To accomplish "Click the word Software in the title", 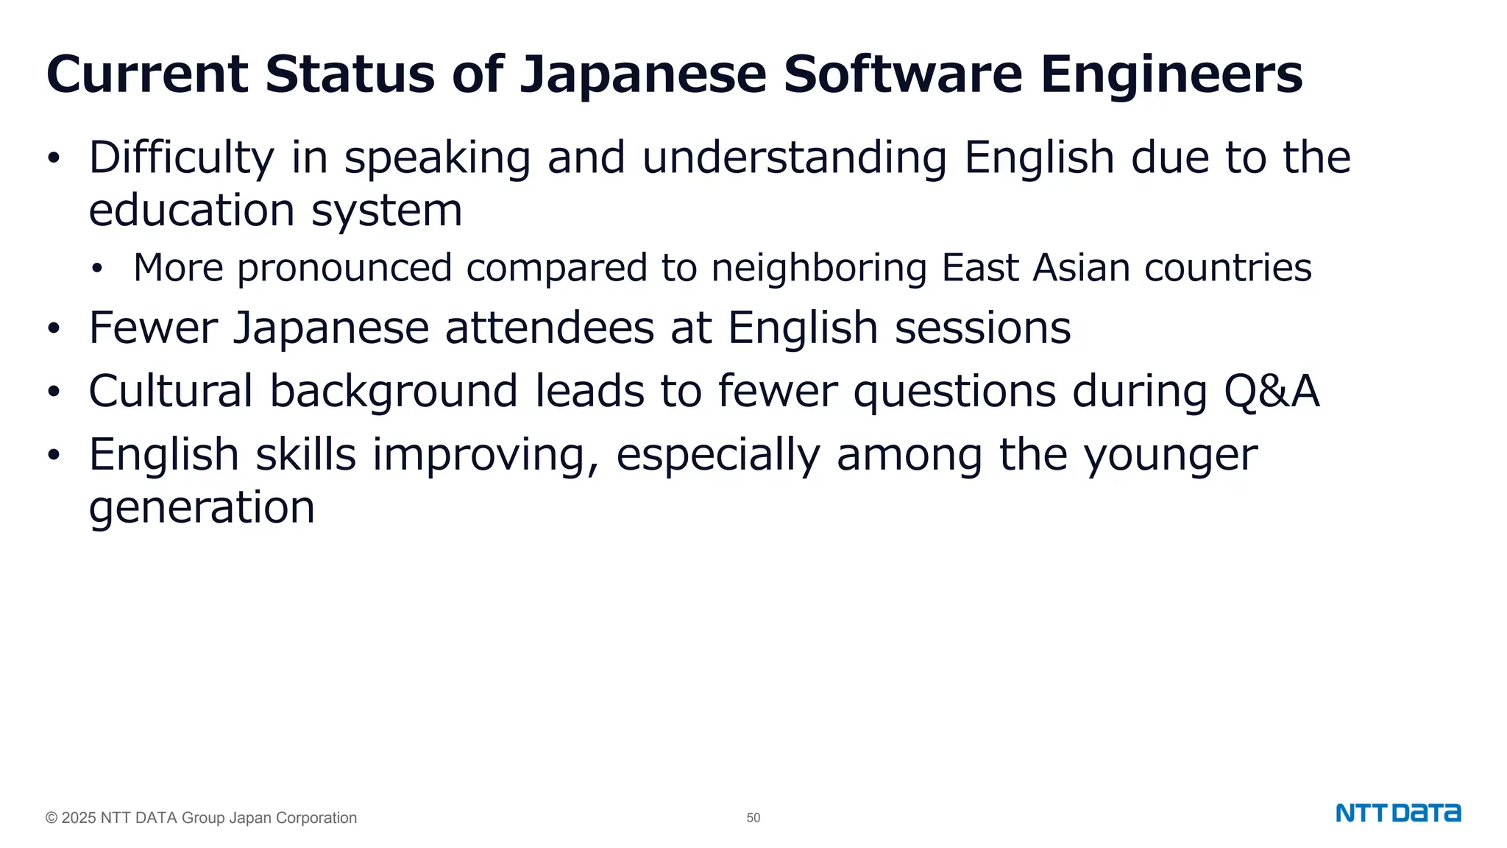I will [x=902, y=74].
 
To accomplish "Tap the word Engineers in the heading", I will [x=1171, y=74].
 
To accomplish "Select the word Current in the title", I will [x=147, y=74].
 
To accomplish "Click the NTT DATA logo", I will [x=1398, y=813].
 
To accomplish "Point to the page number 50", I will [x=753, y=818].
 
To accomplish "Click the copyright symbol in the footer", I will [x=52, y=818].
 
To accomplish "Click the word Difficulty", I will [x=181, y=158].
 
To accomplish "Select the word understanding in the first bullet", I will [x=795, y=158].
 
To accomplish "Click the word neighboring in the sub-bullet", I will [x=819, y=267].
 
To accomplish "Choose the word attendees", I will [x=550, y=328].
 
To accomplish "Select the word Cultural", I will [x=171, y=391].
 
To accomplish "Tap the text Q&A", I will [x=1272, y=391].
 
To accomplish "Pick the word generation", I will [x=202, y=508].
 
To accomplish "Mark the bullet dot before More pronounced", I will [x=97, y=269].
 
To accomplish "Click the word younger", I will [x=1171, y=455].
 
